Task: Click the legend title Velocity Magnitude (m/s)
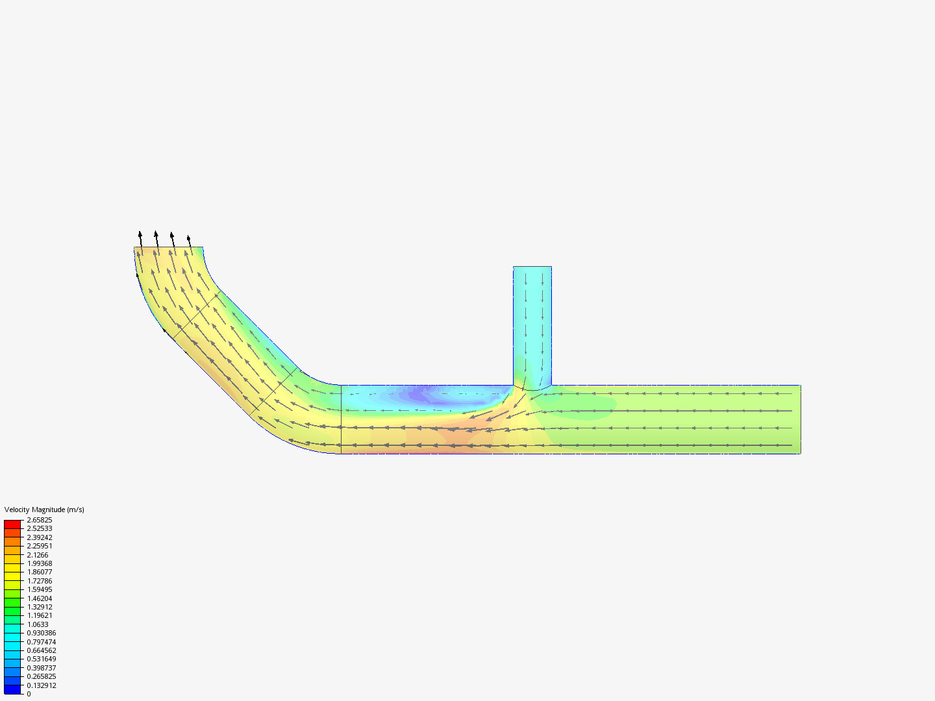click(x=44, y=510)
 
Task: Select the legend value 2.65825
click(x=40, y=520)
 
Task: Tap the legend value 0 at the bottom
click(x=29, y=694)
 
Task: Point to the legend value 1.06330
click(x=38, y=624)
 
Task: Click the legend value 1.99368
click(x=40, y=563)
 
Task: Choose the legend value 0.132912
click(x=42, y=685)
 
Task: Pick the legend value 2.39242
click(x=40, y=537)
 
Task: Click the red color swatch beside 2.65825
click(x=12, y=524)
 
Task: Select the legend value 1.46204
click(x=40, y=598)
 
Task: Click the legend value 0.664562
click(x=42, y=650)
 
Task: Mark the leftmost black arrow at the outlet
click(x=140, y=238)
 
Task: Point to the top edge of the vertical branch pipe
click(x=532, y=267)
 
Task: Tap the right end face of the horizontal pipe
click(x=800, y=419)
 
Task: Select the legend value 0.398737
click(x=42, y=668)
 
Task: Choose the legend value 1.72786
click(x=40, y=581)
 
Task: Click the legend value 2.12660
click(x=38, y=555)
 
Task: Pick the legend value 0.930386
click(x=42, y=633)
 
